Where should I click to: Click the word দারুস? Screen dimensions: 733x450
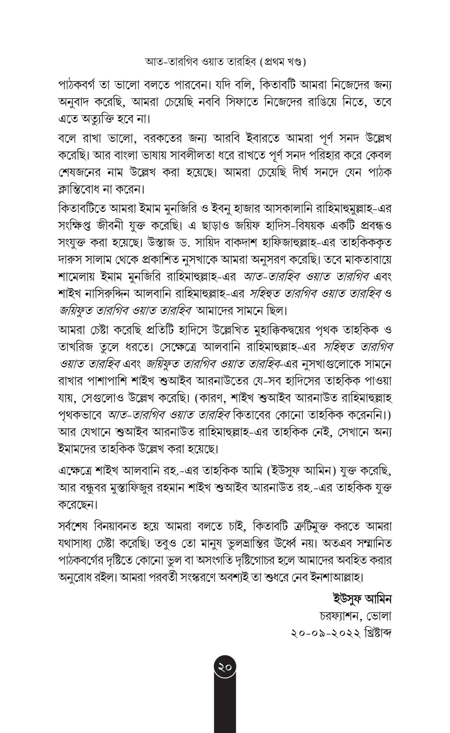[x=69, y=260]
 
